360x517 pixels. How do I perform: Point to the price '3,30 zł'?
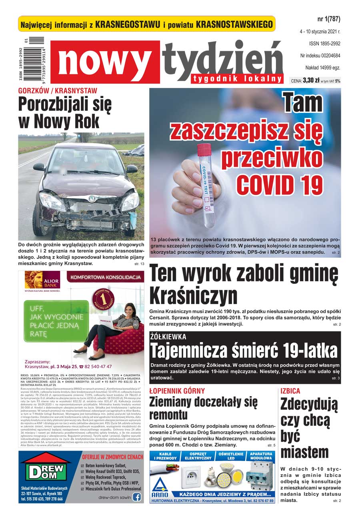click(311, 80)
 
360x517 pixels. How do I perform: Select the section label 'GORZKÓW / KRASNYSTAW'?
click(57, 91)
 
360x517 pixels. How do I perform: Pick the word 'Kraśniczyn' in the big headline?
click(193, 296)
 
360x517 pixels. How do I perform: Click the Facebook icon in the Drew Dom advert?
click(137, 497)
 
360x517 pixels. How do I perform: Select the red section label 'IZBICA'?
click(290, 391)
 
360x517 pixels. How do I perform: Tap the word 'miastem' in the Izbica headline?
click(304, 452)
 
